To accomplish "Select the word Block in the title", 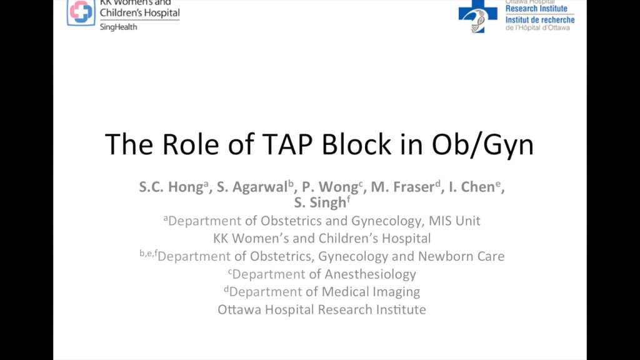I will [356, 144].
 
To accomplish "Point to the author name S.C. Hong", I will [170, 187].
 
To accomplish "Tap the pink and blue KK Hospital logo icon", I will [81, 12].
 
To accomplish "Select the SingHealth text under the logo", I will [118, 27].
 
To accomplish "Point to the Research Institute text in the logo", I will [536, 9].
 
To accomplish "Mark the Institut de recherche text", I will [539, 20].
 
